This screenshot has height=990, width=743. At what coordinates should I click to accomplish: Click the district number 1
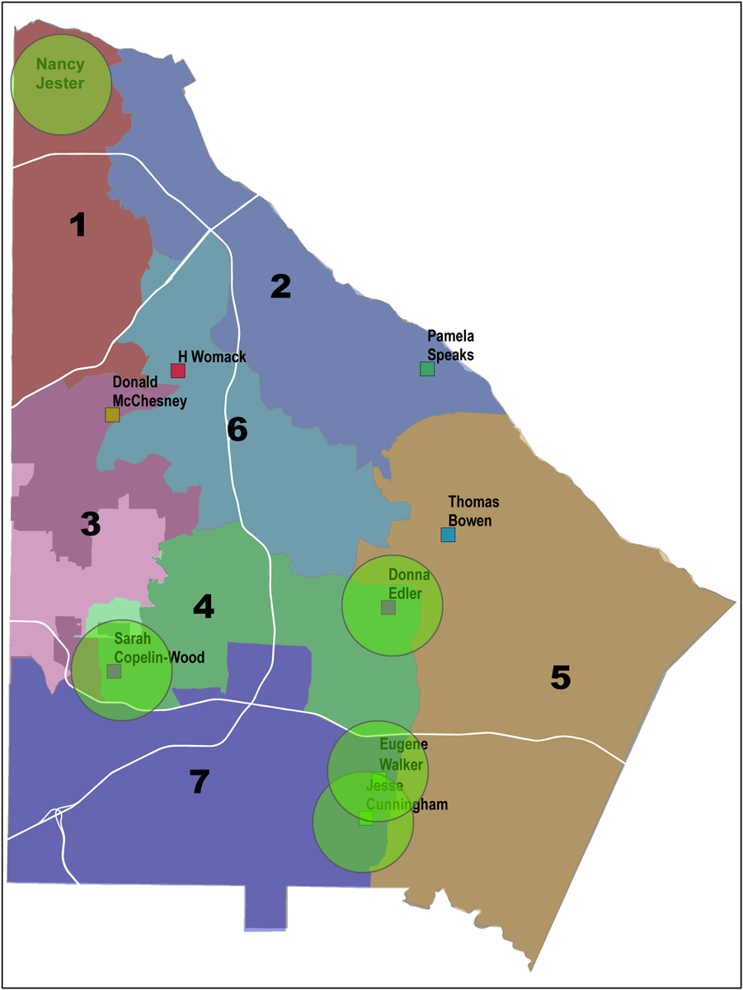(x=78, y=224)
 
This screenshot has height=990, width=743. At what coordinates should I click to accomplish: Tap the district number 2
(x=280, y=286)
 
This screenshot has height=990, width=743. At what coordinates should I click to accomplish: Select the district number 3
(x=90, y=524)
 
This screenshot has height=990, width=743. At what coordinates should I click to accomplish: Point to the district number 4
(x=204, y=607)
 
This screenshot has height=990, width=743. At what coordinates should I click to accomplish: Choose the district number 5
(x=560, y=677)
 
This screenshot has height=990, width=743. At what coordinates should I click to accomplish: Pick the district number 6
(x=237, y=430)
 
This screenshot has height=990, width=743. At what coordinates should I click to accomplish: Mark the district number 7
(x=199, y=781)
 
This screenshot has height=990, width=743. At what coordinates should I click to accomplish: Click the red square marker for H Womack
(x=177, y=370)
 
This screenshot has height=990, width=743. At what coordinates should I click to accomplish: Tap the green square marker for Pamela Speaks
(x=426, y=369)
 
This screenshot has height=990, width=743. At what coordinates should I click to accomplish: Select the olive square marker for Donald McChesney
(x=112, y=415)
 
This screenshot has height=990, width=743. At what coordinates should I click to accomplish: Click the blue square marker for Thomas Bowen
(x=448, y=535)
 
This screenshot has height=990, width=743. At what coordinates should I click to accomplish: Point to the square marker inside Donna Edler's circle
(x=388, y=607)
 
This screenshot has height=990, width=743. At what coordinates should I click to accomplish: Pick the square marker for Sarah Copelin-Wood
(x=114, y=672)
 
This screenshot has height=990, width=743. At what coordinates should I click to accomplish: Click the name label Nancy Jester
(x=59, y=73)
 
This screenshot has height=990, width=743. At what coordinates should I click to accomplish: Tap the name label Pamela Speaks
(x=451, y=345)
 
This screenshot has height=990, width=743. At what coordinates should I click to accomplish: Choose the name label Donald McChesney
(x=149, y=393)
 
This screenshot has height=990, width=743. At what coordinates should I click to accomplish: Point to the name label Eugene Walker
(x=403, y=755)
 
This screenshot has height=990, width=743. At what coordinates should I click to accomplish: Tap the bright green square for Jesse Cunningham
(x=366, y=818)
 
